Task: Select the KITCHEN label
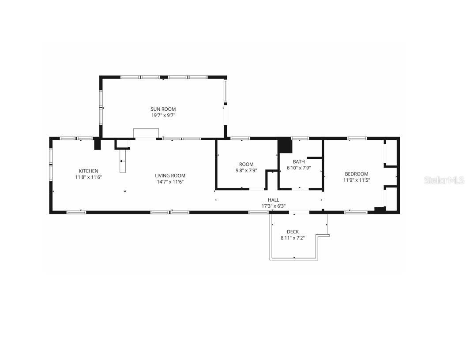(88, 171)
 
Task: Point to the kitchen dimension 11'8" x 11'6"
(88, 177)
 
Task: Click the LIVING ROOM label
(170, 176)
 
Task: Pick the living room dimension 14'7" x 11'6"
(170, 182)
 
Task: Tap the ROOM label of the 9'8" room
(246, 165)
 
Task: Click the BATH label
(299, 161)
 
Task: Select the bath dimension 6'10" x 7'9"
(299, 168)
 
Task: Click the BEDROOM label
(357, 174)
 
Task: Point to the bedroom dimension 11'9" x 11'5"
(357, 180)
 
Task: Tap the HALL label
(273, 200)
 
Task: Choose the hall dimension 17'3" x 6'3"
(273, 206)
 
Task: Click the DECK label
(293, 232)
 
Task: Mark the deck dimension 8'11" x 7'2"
(293, 238)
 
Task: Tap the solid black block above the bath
(285, 146)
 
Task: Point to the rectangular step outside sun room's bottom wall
(146, 133)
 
